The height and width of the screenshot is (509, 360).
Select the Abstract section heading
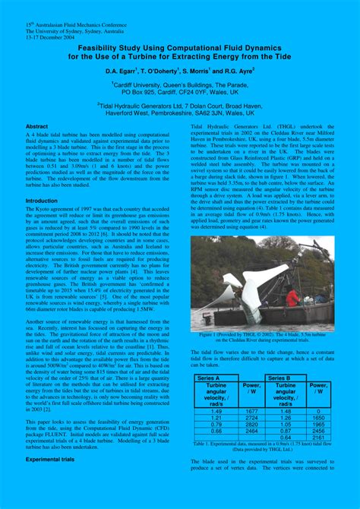click(36, 126)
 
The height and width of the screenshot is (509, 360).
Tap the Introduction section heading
click(42, 201)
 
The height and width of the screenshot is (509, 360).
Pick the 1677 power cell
click(252, 411)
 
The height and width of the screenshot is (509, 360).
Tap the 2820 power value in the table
click(252, 424)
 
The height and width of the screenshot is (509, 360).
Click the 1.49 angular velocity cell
click(215, 411)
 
